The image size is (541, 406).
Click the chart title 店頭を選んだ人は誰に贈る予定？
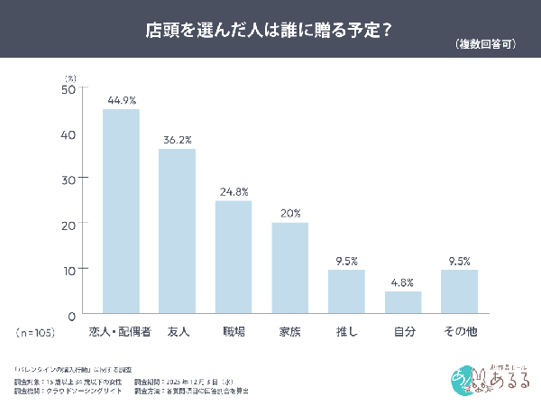click(x=268, y=29)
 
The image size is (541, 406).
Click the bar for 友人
click(x=177, y=230)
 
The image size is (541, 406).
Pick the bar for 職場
click(x=234, y=256)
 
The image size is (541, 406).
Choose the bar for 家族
click(x=289, y=267)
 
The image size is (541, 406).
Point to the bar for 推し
click(x=346, y=291)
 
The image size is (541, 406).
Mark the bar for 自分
click(x=402, y=301)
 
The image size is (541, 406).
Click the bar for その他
click(x=459, y=291)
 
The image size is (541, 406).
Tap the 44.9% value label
click(x=121, y=99)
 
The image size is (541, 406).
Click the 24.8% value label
click(x=234, y=191)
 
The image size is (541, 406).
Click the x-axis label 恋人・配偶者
click(x=121, y=332)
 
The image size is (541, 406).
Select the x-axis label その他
click(x=459, y=332)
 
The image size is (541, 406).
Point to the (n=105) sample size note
click(x=36, y=332)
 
